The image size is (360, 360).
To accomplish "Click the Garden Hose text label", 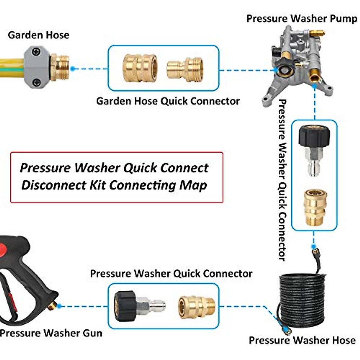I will tap(38, 35).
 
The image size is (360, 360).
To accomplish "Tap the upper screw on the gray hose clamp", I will tap(36, 52).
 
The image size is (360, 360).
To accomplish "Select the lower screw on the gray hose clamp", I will tap(36, 82).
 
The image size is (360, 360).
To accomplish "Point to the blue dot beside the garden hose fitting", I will tap(73, 69).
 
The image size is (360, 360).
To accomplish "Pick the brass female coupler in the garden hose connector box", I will tap(140, 67).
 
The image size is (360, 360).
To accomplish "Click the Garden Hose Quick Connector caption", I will tap(168, 101).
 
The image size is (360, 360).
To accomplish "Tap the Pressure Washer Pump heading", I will tap(301, 19).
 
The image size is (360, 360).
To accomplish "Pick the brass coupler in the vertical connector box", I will tap(314, 207).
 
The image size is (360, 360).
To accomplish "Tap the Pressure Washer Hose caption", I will tap(302, 340).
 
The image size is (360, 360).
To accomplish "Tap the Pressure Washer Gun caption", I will tap(51, 333).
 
